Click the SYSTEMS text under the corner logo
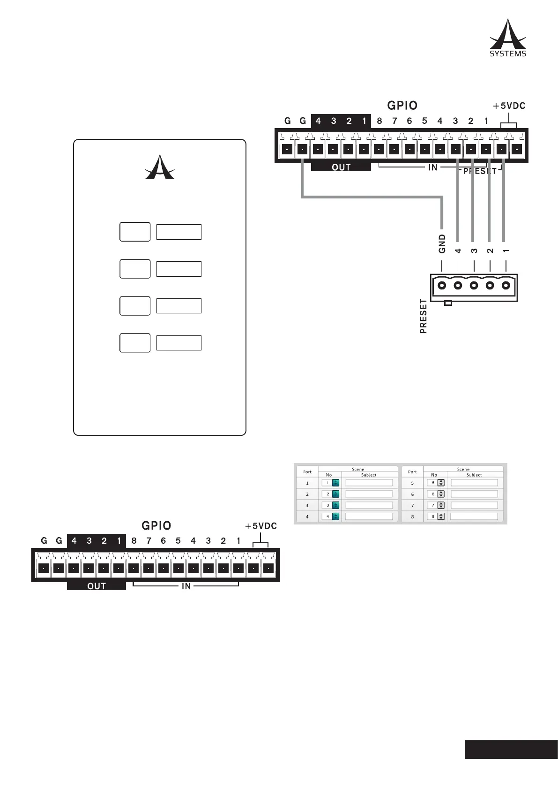508,54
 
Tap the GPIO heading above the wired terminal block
402,106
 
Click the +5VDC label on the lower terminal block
261,526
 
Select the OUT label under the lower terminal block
97,586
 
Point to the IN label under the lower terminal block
186,586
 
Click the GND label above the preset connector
442,244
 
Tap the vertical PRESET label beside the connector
424,316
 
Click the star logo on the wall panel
160,167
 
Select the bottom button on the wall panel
135,342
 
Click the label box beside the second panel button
179,269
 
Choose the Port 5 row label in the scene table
412,483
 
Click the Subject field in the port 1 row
369,483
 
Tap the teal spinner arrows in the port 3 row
335,505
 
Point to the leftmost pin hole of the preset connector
442,285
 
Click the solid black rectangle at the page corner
511,749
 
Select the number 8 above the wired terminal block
379,121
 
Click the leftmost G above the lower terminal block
44,541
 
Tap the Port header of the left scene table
307,472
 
